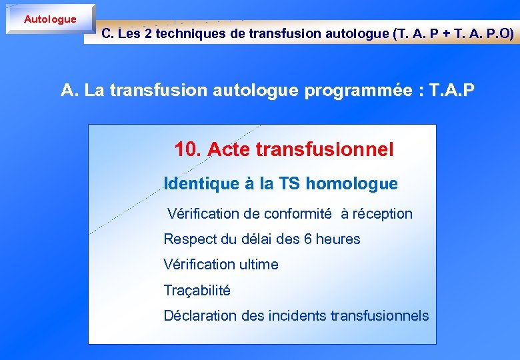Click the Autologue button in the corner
(50, 19)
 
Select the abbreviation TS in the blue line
(289, 183)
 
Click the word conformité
(297, 214)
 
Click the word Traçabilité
(197, 291)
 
